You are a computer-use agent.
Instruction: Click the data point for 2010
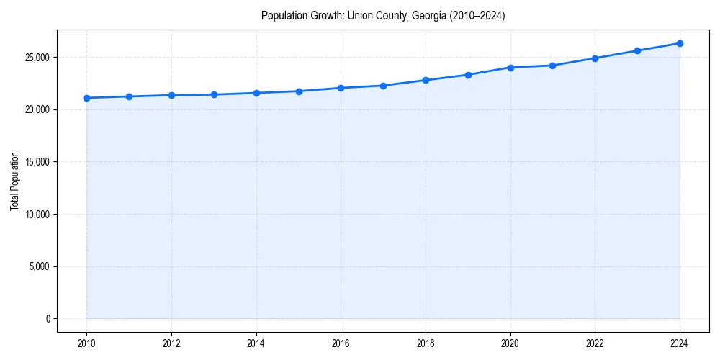[86, 98]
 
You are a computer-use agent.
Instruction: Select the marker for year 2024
[680, 43]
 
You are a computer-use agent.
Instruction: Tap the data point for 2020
[510, 68]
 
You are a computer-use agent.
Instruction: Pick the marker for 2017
[383, 86]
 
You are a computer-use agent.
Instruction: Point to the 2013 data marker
[214, 94]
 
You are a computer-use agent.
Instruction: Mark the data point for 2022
[595, 58]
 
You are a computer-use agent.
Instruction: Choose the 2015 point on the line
[299, 91]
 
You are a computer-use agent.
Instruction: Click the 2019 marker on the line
[468, 75]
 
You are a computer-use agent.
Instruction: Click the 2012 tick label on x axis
[171, 343]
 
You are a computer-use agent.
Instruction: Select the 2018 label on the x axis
[426, 343]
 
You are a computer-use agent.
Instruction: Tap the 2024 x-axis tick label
[680, 343]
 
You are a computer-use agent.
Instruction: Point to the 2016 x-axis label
[341, 343]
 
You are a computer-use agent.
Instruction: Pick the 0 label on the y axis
[48, 319]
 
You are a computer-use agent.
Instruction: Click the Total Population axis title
[14, 181]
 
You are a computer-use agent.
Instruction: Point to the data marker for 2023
[637, 50]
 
